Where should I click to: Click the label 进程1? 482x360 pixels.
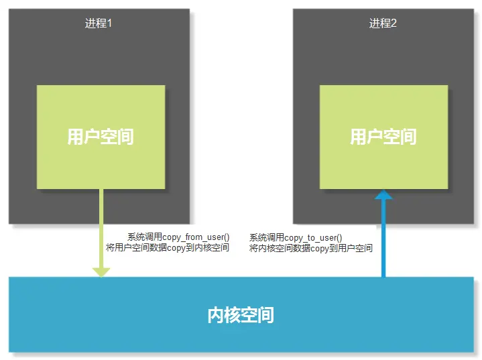[x=98, y=23]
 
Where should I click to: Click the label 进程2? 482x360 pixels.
[x=383, y=23]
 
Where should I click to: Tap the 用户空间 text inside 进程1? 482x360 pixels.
[x=101, y=137]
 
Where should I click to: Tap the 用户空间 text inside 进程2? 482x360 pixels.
[x=383, y=137]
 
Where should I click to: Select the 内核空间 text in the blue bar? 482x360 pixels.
[x=241, y=314]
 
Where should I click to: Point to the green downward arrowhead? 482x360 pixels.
[x=101, y=272]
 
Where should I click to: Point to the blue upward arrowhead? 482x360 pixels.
[x=383, y=195]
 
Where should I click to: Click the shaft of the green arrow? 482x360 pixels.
[x=101, y=228]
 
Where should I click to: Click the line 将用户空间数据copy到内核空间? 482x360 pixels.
[x=168, y=248]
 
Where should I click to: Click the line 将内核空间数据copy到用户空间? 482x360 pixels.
[x=311, y=248]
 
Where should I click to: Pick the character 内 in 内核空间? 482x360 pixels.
[x=216, y=314]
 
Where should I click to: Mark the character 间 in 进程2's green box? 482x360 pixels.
[x=408, y=137]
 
